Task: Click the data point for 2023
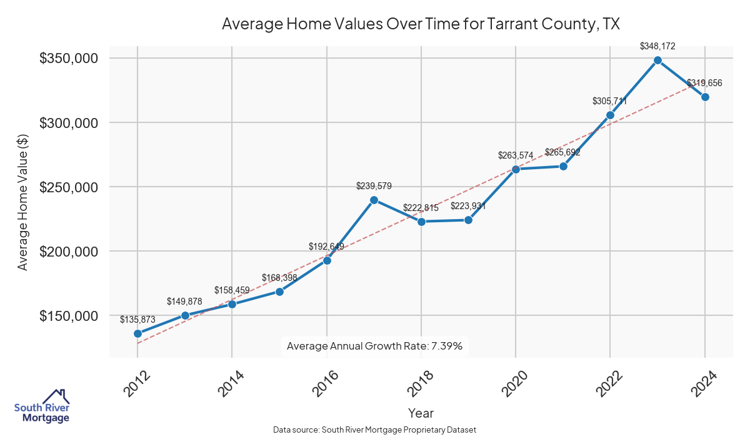[x=657, y=60]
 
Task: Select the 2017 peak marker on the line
[x=374, y=200]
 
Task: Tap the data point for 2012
[x=137, y=333]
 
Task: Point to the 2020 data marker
[x=516, y=169]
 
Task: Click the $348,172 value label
[x=657, y=46]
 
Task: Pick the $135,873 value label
[x=137, y=319]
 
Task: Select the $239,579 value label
[x=374, y=186]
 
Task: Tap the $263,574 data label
[x=516, y=155]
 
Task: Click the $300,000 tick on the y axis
[x=68, y=123]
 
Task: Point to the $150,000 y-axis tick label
[x=68, y=316]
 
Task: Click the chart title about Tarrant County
[x=421, y=24]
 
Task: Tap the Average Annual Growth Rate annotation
[x=374, y=346]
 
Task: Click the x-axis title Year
[x=421, y=413]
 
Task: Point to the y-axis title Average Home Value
[x=23, y=202]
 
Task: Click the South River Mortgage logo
[x=42, y=406]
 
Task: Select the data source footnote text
[x=374, y=430]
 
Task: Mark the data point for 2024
[x=705, y=97]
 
